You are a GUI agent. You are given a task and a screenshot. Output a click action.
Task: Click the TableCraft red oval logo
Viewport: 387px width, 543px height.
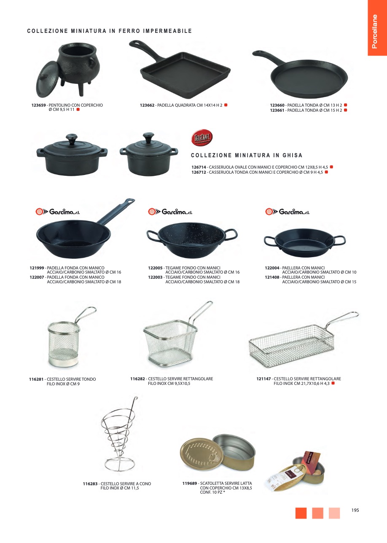202,137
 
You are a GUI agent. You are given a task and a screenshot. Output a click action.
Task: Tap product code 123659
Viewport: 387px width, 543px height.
38,105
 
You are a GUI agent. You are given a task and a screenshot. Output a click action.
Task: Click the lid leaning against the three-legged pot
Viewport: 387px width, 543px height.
48,79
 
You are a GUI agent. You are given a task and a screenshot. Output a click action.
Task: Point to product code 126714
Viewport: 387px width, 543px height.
199,167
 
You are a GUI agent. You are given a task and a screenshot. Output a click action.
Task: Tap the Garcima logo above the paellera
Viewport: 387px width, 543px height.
288,212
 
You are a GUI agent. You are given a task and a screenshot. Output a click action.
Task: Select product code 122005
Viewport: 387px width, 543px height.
155,268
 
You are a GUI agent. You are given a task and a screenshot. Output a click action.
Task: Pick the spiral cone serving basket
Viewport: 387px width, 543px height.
119,436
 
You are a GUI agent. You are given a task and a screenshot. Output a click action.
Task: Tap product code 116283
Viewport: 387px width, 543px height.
90,484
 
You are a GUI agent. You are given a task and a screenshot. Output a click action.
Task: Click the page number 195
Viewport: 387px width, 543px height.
355,510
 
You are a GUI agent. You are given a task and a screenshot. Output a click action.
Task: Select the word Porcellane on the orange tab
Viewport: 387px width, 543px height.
374,32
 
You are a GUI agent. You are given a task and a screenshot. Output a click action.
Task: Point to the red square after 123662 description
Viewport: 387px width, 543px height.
226,105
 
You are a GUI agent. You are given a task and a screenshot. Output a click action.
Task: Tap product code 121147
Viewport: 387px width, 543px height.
263,379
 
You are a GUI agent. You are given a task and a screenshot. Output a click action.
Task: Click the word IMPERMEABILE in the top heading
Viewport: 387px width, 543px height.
167,31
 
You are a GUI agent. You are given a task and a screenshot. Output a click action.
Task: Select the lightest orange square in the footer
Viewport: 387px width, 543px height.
334,513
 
